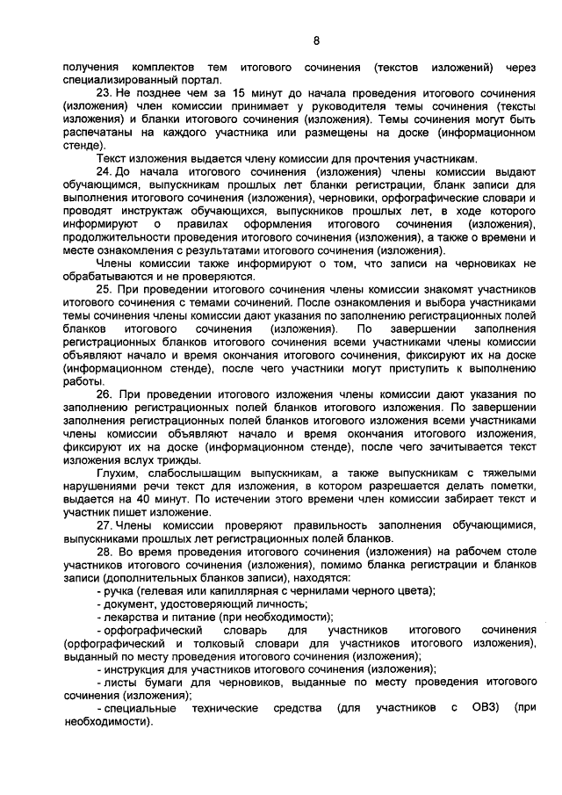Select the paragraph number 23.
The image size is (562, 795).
pyautogui.click(x=103, y=92)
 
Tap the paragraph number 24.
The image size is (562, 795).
pyautogui.click(x=103, y=172)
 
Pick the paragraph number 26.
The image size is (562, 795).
pyautogui.click(x=103, y=394)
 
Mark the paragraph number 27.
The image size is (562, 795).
pyautogui.click(x=103, y=524)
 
